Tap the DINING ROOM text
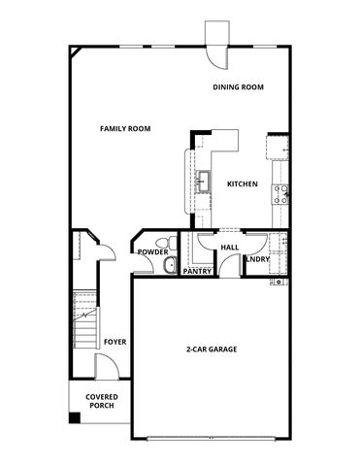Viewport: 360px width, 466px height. tap(239, 87)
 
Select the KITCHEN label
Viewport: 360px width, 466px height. tap(243, 184)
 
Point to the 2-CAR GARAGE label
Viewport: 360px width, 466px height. tap(212, 349)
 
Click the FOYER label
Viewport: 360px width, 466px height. tap(115, 342)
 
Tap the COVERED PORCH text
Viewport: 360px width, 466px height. tap(101, 401)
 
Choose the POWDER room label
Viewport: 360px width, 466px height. tap(152, 251)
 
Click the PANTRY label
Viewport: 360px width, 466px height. tap(198, 271)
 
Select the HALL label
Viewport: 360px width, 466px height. tap(230, 248)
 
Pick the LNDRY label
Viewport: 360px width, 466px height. tap(258, 259)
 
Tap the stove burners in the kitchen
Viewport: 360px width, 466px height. tap(280, 189)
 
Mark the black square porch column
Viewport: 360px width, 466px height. tap(74, 417)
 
